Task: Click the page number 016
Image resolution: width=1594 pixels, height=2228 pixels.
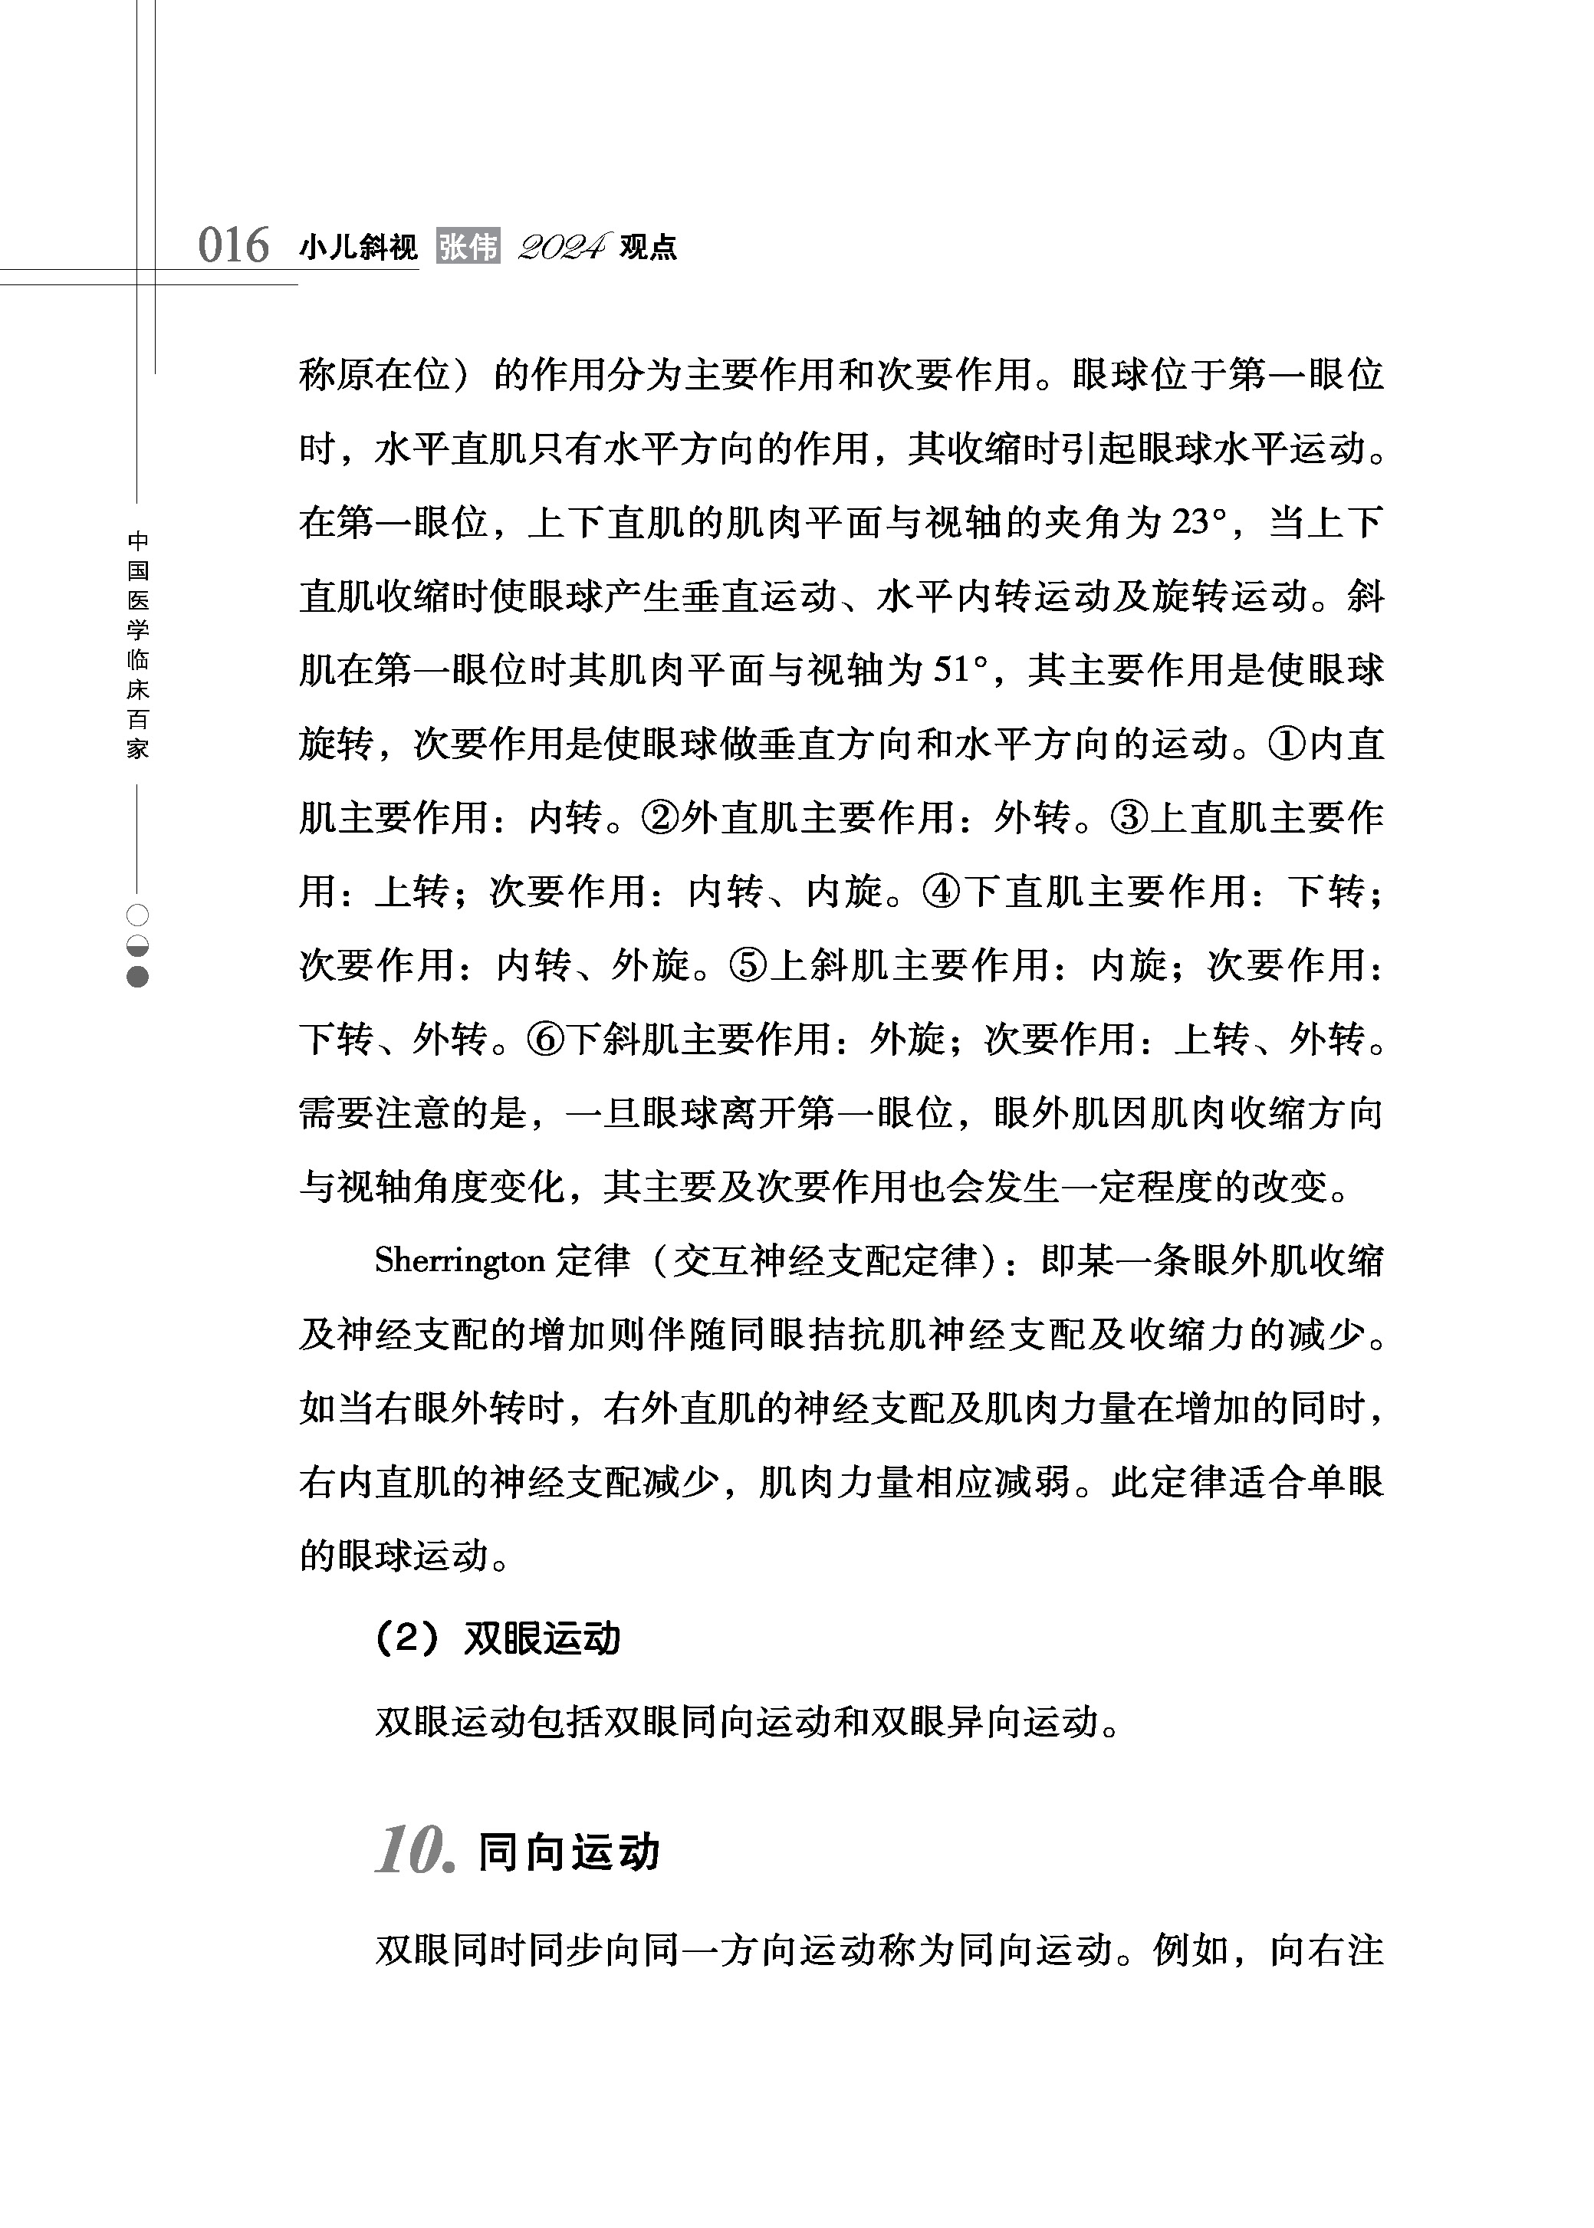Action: tap(234, 245)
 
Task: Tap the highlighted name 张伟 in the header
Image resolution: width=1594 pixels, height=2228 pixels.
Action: tap(468, 246)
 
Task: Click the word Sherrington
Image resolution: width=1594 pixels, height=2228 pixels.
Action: tap(459, 1261)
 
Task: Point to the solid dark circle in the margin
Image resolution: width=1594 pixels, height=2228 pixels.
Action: tap(137, 978)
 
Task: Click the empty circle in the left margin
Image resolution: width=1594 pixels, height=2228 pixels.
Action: tap(137, 915)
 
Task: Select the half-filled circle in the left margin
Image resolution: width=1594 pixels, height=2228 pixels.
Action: tap(137, 946)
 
